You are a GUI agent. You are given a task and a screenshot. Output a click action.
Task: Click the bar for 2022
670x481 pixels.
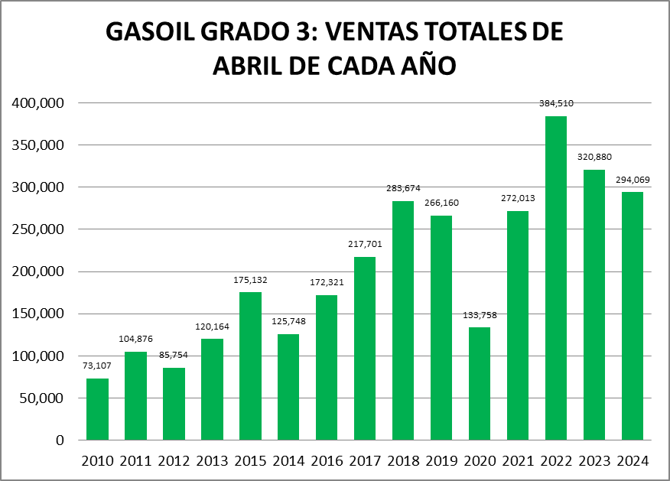pyautogui.click(x=556, y=278)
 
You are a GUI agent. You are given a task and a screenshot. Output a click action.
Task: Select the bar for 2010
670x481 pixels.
pyautogui.click(x=97, y=409)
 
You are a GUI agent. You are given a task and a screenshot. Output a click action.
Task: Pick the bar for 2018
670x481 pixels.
pyautogui.click(x=403, y=320)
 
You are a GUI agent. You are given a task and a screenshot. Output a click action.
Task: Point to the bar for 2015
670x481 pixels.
pyautogui.click(x=250, y=366)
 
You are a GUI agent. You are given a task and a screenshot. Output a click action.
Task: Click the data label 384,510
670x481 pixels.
pyautogui.click(x=556, y=103)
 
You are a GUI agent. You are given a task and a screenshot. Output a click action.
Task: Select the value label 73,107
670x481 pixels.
pyautogui.click(x=97, y=366)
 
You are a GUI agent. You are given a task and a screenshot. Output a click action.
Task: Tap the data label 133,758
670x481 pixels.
pyautogui.click(x=480, y=314)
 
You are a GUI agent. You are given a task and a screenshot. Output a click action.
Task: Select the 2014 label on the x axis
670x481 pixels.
pyautogui.click(x=288, y=461)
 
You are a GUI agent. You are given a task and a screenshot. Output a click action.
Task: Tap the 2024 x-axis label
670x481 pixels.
pyautogui.click(x=633, y=461)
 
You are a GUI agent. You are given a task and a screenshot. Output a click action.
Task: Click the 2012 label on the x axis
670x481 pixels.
pyautogui.click(x=174, y=461)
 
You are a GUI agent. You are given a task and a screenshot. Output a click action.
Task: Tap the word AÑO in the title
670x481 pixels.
pyautogui.click(x=430, y=65)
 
